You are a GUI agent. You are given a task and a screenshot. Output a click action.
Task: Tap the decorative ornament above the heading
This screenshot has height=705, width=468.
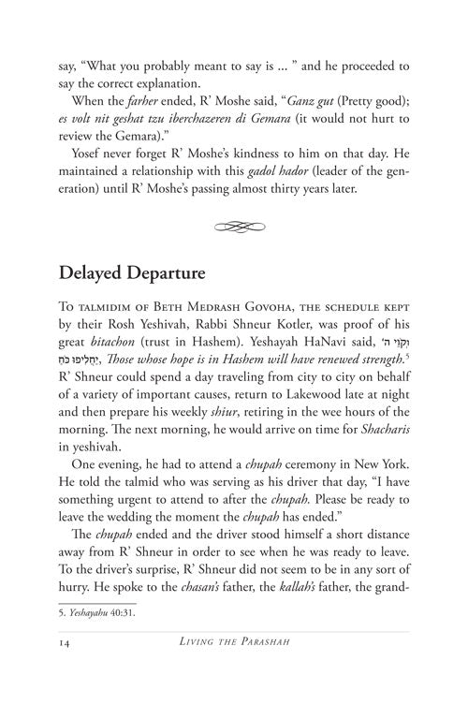(234, 227)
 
